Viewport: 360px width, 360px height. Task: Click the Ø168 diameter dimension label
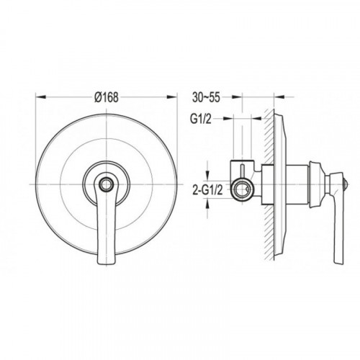tap(107, 97)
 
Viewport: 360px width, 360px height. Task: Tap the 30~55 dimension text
tap(206, 97)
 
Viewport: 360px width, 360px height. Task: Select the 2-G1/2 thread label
tap(208, 190)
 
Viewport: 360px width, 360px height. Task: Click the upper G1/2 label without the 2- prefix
tap(201, 120)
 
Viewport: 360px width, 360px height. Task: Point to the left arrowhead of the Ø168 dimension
tap(40, 97)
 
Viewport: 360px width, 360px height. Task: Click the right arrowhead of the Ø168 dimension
tap(172, 97)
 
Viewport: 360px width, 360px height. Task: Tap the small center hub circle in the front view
tap(106, 184)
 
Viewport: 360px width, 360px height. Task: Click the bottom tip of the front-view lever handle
tap(106, 264)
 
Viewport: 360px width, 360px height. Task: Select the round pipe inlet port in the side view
tap(242, 189)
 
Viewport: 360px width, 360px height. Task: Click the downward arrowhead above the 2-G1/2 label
tap(208, 175)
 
